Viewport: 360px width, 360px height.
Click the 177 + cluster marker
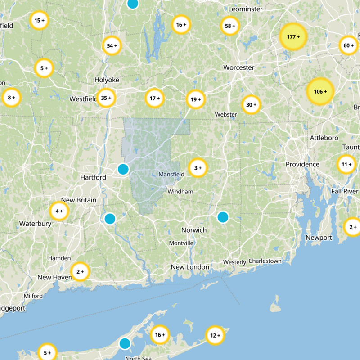293,36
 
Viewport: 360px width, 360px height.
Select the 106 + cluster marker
320,92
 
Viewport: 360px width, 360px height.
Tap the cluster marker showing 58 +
230,26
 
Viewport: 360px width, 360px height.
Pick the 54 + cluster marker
112,45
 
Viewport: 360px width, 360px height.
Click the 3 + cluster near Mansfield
198,168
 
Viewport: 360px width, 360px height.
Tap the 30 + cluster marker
251,105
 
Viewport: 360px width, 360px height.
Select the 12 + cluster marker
215,335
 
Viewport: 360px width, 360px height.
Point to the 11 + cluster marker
346,165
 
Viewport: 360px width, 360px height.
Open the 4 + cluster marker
59,211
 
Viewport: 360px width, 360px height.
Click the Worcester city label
239,68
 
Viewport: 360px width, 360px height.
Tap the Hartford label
93,178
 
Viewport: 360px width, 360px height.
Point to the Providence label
302,165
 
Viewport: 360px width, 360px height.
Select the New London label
190,267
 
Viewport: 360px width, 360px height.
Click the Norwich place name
194,230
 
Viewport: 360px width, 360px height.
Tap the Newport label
319,238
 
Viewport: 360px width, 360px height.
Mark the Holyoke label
107,80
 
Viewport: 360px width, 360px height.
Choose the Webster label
226,115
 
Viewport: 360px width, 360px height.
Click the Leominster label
245,9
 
